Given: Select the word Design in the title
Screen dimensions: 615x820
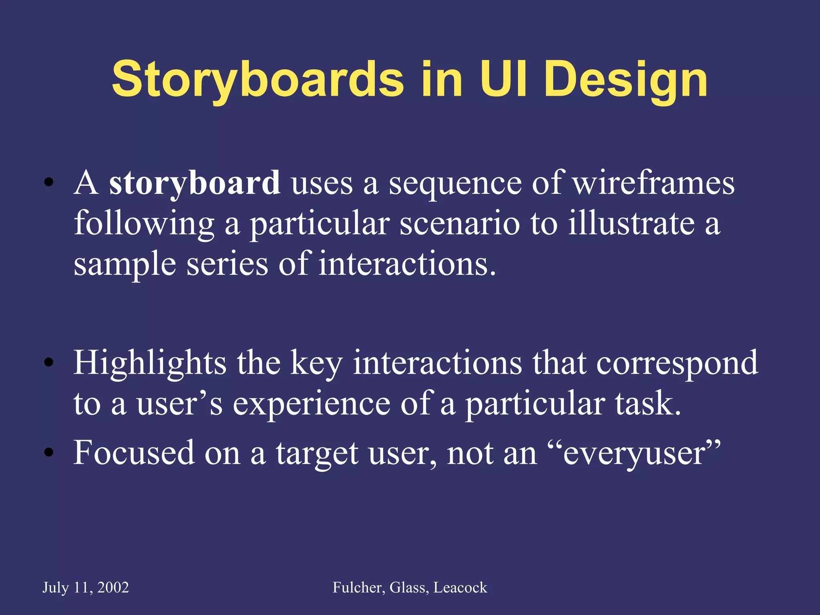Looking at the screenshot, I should [x=626, y=80].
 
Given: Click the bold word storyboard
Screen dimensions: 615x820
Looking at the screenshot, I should [x=195, y=183].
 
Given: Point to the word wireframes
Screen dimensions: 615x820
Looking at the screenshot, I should [x=653, y=183].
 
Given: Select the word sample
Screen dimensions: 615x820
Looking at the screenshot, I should [x=125, y=265].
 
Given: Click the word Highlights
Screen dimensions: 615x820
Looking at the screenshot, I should [x=150, y=363].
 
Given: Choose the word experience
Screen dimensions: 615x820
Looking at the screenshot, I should [x=311, y=404].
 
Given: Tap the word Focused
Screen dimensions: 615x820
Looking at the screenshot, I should [x=134, y=452].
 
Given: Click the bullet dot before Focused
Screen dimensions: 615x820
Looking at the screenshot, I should [x=48, y=453].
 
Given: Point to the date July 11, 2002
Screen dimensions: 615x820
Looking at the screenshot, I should [x=86, y=587].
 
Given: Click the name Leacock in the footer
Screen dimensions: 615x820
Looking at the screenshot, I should [x=460, y=587].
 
